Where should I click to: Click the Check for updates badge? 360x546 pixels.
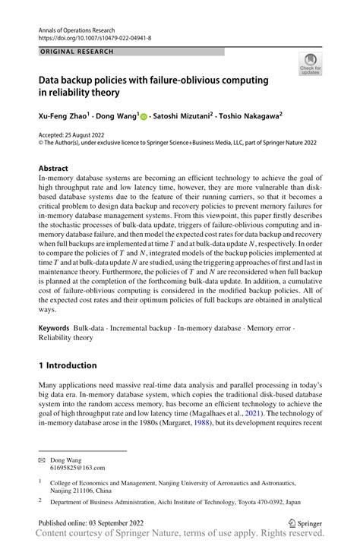[x=310, y=64]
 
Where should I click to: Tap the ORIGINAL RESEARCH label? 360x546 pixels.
[x=76, y=52]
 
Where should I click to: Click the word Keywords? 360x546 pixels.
[x=54, y=329]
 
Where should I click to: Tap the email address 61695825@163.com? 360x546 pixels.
[x=79, y=469]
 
